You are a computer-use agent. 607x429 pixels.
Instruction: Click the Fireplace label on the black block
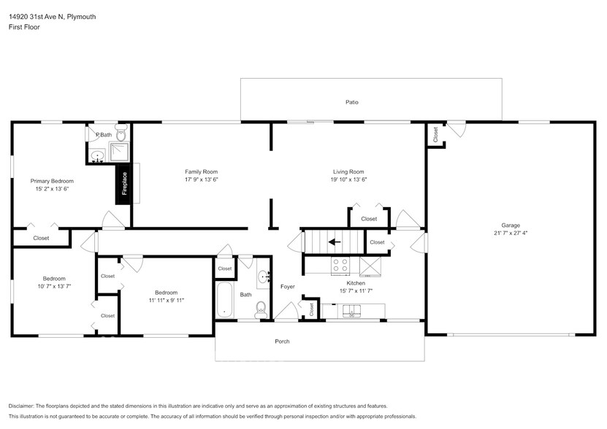(125, 183)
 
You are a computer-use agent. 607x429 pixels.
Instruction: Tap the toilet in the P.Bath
(121, 133)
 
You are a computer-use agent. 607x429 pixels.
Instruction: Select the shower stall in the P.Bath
(119, 152)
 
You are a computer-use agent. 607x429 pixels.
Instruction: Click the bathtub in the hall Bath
(224, 300)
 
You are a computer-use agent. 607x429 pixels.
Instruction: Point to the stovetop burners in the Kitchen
(340, 265)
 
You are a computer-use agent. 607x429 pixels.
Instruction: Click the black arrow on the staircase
(335, 242)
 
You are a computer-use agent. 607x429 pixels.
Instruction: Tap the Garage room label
(511, 225)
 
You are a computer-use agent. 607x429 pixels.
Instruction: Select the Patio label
(352, 102)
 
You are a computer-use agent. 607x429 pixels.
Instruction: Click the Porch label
(282, 341)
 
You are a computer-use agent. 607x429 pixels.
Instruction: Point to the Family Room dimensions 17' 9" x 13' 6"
(202, 179)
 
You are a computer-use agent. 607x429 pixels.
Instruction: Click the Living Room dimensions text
(348, 179)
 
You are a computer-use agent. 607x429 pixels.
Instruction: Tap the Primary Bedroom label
(52, 181)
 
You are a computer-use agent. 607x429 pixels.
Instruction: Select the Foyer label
(288, 287)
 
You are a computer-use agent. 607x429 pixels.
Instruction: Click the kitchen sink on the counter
(349, 312)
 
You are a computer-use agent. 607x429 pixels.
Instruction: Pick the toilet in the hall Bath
(261, 309)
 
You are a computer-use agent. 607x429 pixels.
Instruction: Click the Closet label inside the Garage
(435, 135)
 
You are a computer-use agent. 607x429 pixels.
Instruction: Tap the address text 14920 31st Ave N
(36, 17)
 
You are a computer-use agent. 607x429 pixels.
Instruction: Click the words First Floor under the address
(24, 27)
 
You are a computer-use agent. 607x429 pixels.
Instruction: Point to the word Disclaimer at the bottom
(21, 406)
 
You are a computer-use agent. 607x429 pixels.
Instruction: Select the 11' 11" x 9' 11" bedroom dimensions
(167, 300)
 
